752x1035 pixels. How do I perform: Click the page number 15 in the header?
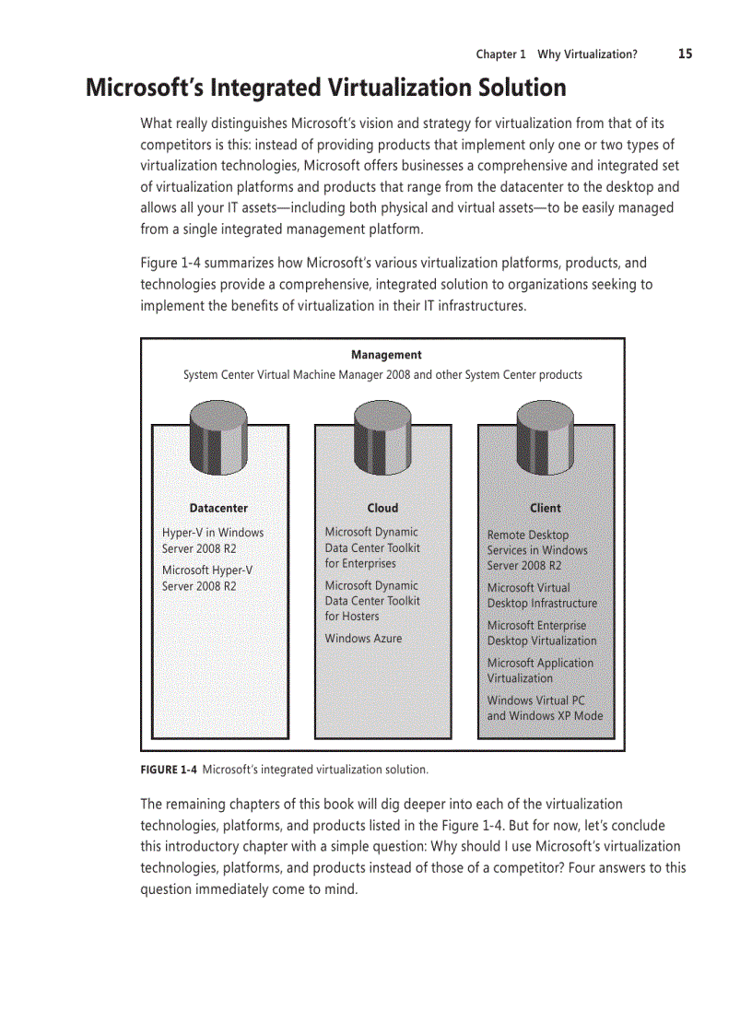(685, 53)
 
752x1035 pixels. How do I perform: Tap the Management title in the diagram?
(386, 355)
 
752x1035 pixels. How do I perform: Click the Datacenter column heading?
(218, 508)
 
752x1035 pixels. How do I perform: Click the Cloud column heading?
(382, 508)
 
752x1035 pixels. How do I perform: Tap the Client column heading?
(545, 508)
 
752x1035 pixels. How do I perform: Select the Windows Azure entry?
(363, 638)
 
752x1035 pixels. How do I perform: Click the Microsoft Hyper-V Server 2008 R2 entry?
(206, 578)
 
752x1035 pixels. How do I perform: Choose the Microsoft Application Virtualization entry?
(540, 670)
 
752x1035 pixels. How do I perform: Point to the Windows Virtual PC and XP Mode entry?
(545, 708)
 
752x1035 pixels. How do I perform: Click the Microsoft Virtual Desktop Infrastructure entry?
(542, 595)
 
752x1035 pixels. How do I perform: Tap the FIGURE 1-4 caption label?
(170, 769)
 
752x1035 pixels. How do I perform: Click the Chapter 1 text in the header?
(500, 54)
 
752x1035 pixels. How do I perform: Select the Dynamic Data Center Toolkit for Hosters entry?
(371, 601)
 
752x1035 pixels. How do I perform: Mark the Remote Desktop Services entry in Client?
(536, 550)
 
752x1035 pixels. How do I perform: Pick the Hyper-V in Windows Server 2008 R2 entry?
(212, 540)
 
